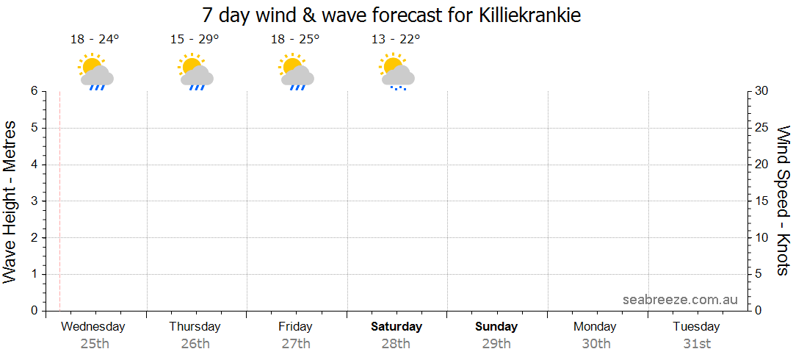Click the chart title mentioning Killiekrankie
[x=391, y=15]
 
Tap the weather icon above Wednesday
[x=95, y=71]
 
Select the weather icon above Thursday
[x=195, y=71]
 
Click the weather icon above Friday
[x=296, y=71]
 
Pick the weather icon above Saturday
[x=396, y=71]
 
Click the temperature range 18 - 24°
[x=95, y=40]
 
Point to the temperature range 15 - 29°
[x=195, y=40]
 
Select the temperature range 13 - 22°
[x=396, y=40]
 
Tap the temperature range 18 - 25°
[x=295, y=40]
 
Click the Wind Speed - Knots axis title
[x=782, y=200]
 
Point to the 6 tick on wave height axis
[x=34, y=91]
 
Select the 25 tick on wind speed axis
[x=762, y=128]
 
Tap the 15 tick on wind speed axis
[x=762, y=201]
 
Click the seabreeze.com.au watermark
[x=680, y=300]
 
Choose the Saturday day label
[x=396, y=327]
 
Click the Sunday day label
[x=496, y=327]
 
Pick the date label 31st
[x=697, y=344]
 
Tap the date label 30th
[x=596, y=344]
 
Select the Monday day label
[x=596, y=327]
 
